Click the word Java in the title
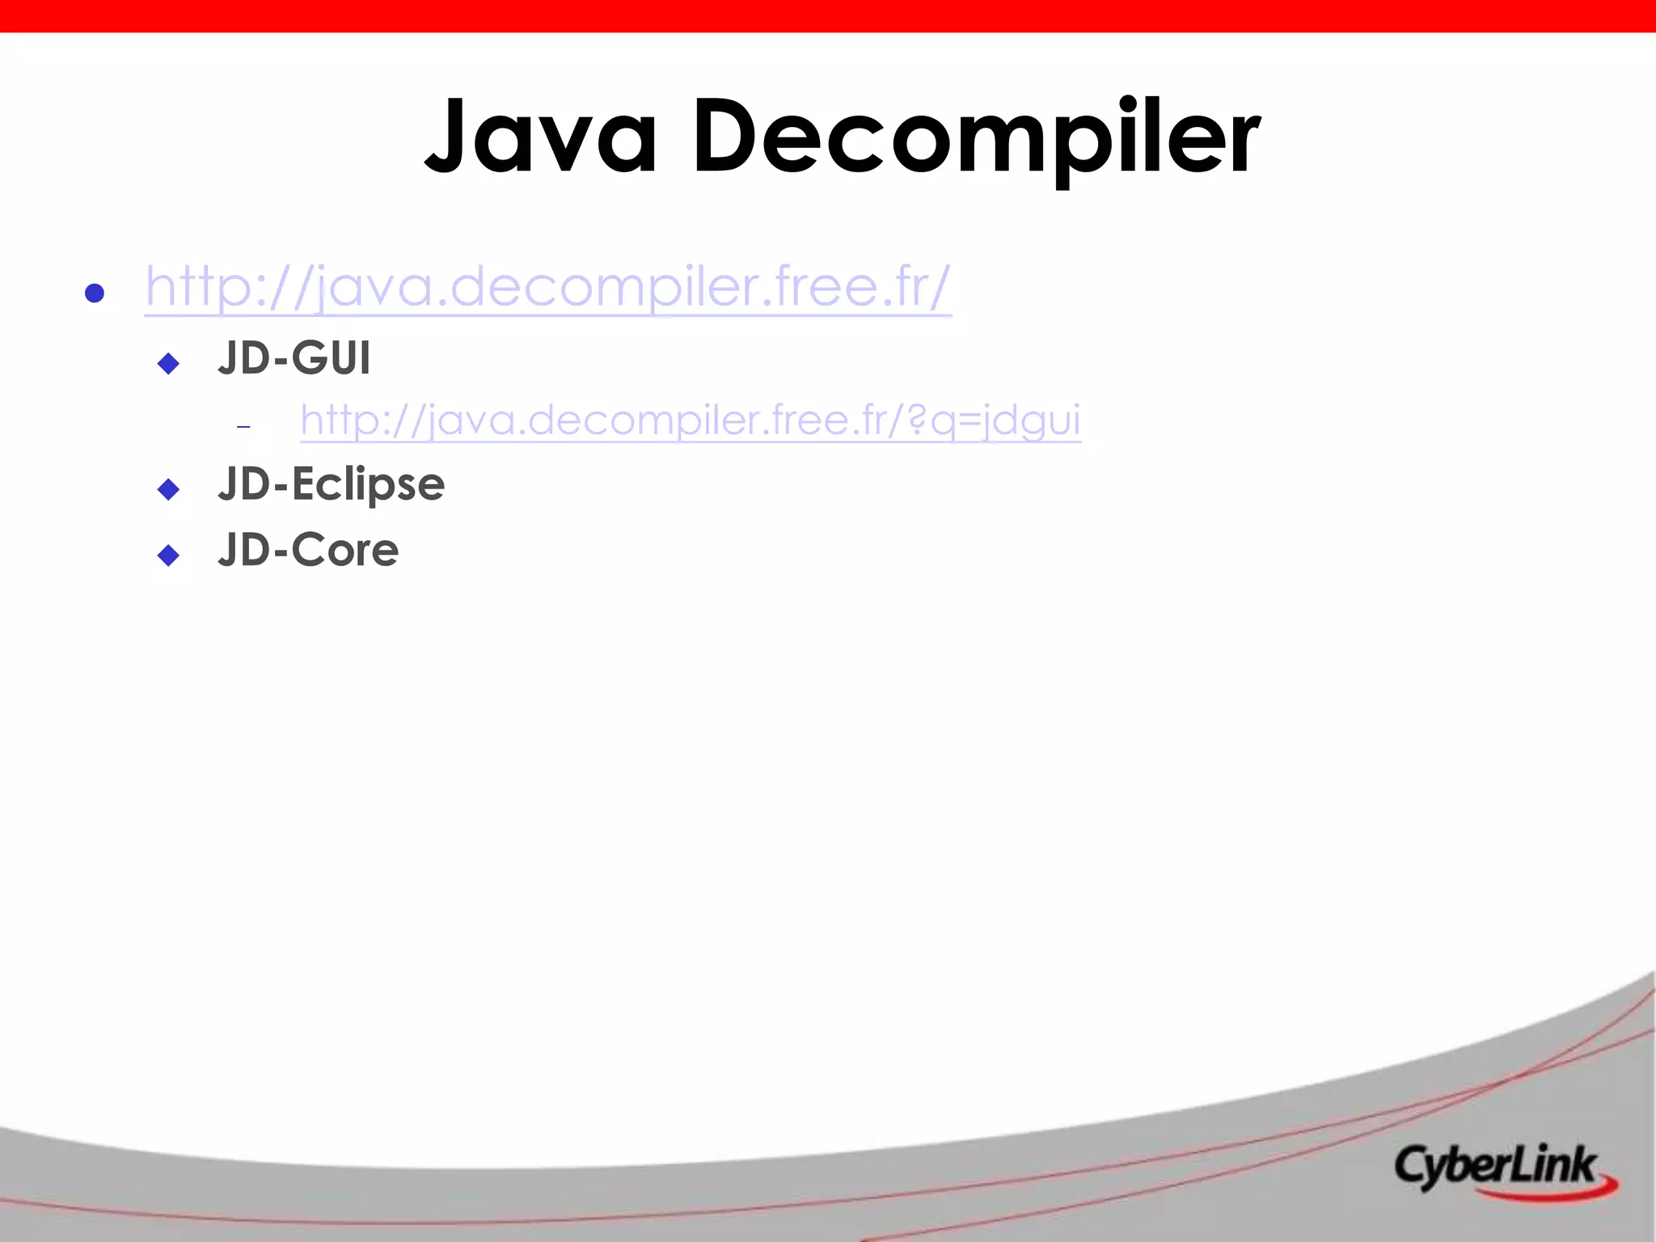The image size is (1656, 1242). (x=540, y=135)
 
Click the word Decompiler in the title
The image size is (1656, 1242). (x=976, y=135)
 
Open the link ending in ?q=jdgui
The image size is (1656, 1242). (x=690, y=420)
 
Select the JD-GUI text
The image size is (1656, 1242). (x=294, y=358)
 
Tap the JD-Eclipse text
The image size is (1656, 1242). (x=331, y=484)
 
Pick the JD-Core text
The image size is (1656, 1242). (x=308, y=550)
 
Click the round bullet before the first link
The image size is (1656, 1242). (x=95, y=293)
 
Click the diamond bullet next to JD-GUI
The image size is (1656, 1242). (x=168, y=363)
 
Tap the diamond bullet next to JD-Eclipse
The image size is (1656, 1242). (x=168, y=489)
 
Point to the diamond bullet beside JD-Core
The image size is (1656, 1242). (x=168, y=555)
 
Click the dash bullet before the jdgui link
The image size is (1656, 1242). (x=243, y=426)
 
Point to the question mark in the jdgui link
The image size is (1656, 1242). (x=916, y=419)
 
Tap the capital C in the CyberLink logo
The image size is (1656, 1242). (x=1412, y=1166)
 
